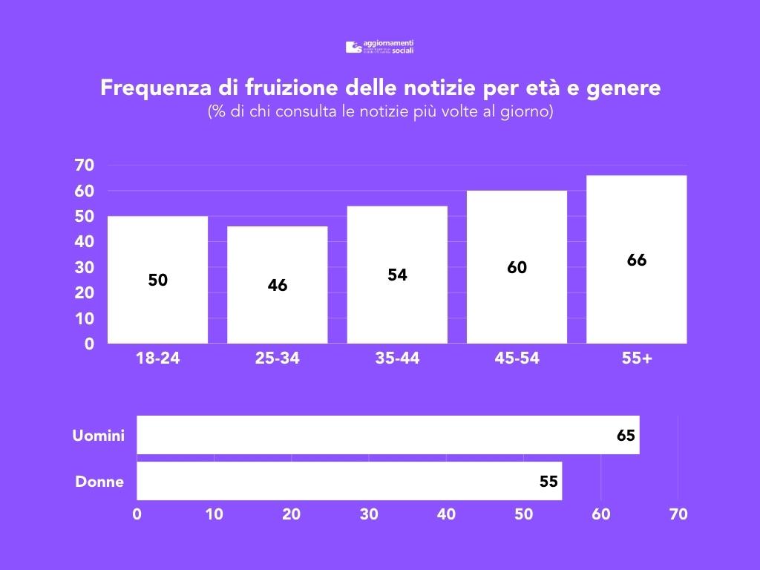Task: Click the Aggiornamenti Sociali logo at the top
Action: [x=379, y=47]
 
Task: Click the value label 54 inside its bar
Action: [x=397, y=275]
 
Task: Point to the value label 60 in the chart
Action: [x=517, y=268]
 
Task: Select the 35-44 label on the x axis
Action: [x=397, y=358]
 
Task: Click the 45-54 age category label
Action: [x=517, y=358]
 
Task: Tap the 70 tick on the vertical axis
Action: [x=85, y=166]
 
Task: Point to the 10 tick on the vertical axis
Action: [x=85, y=318]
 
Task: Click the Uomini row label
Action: [x=98, y=436]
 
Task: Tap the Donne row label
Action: [x=99, y=482]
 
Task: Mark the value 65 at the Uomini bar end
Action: [x=626, y=436]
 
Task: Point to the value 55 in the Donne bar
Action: [x=548, y=482]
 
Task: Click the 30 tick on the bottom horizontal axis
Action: [x=369, y=514]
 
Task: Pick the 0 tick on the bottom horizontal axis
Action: [x=137, y=514]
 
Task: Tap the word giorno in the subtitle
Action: [x=525, y=113]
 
